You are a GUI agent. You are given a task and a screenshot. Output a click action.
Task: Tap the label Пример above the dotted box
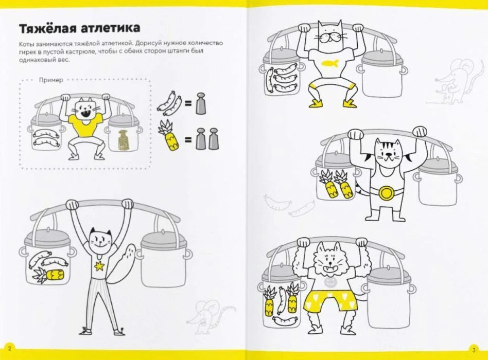pos(51,80)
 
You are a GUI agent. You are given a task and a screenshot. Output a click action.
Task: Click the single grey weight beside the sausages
pos(201,103)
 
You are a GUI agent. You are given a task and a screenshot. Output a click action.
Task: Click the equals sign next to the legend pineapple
pos(188,140)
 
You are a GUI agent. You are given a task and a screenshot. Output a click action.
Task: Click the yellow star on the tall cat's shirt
pos(99,266)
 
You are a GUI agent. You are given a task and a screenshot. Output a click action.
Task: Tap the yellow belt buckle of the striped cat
pos(385,193)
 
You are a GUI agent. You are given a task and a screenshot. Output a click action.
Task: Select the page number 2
pos(9,349)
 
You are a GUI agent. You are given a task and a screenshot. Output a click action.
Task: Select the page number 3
pos(474,350)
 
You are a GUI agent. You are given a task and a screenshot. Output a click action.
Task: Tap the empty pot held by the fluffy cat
pos(388,298)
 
